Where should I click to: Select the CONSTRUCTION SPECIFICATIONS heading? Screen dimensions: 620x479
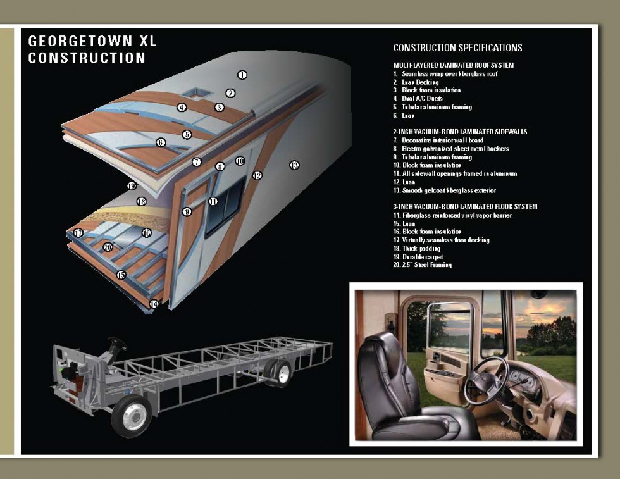(x=457, y=48)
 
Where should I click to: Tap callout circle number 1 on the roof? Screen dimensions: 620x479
(x=242, y=75)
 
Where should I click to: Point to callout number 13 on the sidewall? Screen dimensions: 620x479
(x=294, y=165)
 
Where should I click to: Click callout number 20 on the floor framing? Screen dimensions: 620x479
(x=108, y=247)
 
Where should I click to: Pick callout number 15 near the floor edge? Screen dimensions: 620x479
(x=121, y=275)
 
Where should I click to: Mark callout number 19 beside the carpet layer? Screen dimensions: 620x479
(x=132, y=185)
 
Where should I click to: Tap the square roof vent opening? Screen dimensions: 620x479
(x=196, y=94)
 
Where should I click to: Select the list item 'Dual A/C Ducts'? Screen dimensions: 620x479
(x=418, y=99)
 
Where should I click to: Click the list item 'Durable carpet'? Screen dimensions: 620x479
(x=418, y=257)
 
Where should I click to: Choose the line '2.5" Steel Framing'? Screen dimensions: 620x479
(x=423, y=264)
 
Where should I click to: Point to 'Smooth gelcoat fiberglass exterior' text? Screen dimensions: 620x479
(x=444, y=190)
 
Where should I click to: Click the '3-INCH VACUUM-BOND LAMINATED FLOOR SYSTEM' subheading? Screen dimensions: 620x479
(x=465, y=206)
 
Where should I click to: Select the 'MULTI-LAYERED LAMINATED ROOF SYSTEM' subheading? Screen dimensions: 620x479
(x=453, y=65)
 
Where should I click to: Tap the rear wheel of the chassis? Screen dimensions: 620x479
(x=278, y=372)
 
